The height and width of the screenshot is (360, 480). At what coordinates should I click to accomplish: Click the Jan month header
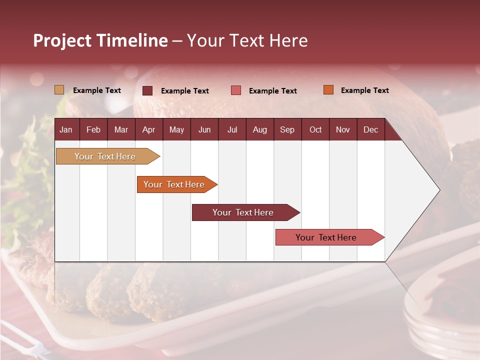(66, 129)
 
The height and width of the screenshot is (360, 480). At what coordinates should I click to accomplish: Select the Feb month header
(93, 129)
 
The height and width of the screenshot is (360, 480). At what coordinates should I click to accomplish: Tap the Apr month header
(148, 129)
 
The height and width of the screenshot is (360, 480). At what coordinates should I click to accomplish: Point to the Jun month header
(204, 129)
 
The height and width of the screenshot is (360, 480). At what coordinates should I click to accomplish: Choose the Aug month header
(259, 129)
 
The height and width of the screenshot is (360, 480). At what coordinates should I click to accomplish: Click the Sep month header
(287, 129)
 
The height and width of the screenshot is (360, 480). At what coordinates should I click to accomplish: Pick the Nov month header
(342, 129)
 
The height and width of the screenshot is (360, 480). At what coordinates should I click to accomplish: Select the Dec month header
(370, 129)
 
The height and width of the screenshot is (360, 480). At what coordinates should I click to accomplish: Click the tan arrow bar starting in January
(105, 156)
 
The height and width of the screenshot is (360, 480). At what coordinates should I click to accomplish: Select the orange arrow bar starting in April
(174, 184)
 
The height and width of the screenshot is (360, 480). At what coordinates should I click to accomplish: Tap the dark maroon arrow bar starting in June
(243, 212)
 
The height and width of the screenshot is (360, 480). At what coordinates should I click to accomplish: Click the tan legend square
(59, 90)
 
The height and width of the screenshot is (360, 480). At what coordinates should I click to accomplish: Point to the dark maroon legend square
(147, 90)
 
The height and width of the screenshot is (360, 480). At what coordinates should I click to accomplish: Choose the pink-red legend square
(236, 90)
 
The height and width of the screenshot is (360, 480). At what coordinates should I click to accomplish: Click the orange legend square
(328, 90)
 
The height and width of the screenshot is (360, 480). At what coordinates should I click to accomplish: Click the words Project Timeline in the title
(100, 40)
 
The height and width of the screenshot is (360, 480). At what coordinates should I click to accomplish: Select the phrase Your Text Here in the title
(247, 40)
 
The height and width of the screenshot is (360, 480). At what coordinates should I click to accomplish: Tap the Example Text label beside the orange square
(364, 90)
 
